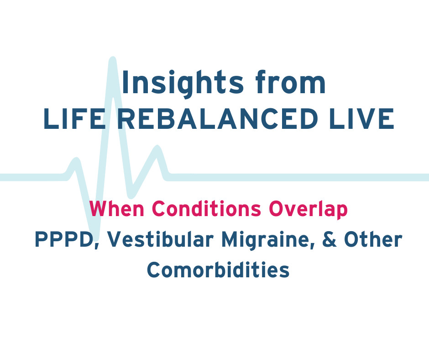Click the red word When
(117, 209)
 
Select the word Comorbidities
(218, 270)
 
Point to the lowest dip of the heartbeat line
(94, 233)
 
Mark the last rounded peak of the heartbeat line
(157, 149)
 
